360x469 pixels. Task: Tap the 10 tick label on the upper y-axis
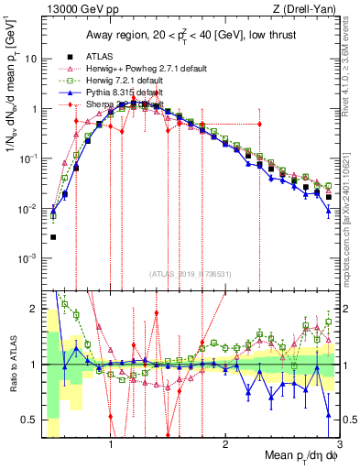coord(31,59)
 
